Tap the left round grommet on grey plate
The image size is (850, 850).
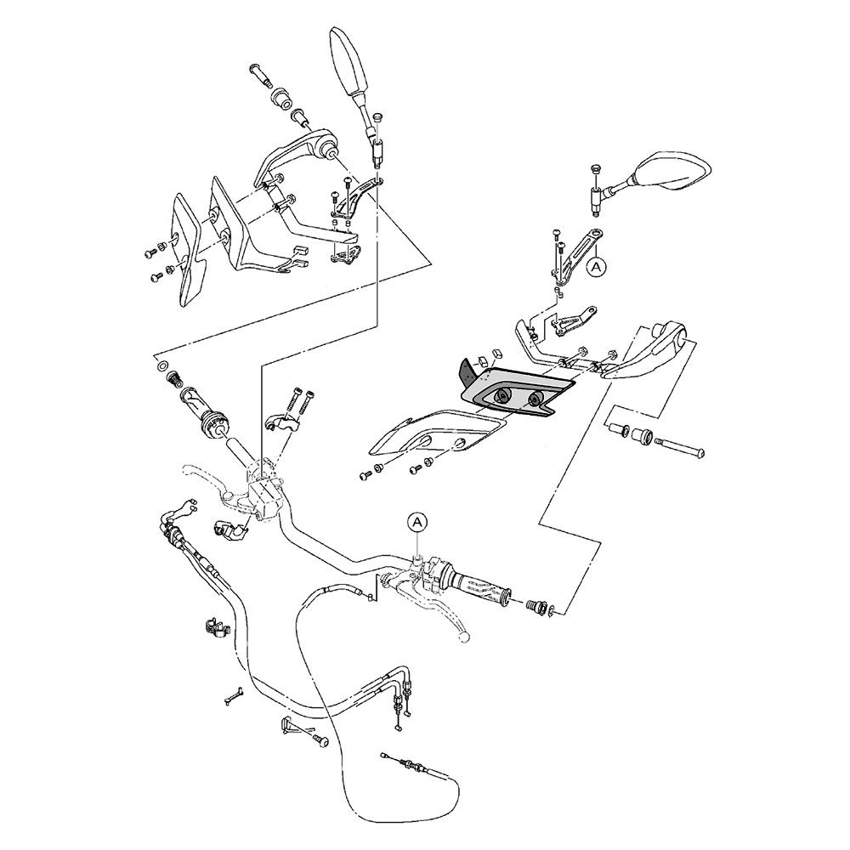tap(501, 395)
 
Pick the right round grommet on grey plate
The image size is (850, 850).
tap(534, 400)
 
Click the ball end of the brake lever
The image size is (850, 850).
tap(463, 635)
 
